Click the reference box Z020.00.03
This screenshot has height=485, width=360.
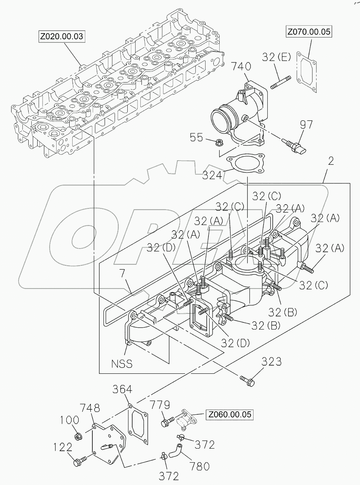coord(62,36)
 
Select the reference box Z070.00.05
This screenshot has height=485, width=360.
coord(309,32)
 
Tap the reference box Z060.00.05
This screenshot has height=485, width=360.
coord(229,414)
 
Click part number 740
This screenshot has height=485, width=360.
coord(241,67)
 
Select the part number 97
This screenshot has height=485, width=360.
coord(307,125)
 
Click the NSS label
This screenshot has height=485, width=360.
coord(122,363)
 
